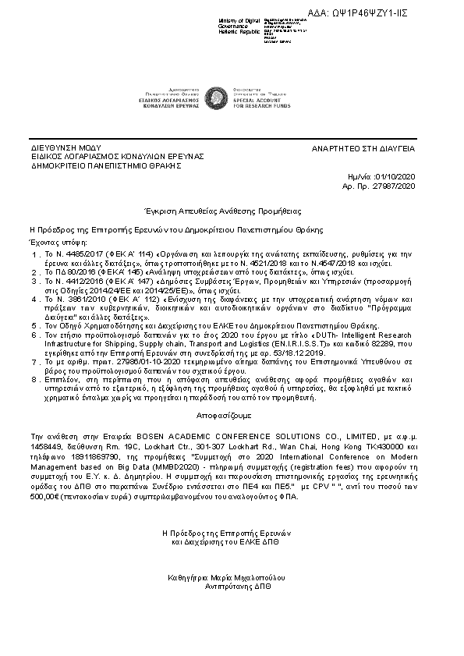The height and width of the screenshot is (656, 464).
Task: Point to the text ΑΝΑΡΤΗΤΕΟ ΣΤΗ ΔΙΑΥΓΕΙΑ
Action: (363, 147)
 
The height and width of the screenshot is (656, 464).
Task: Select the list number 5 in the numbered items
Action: (35, 324)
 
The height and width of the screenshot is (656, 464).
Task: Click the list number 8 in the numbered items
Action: (35, 378)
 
